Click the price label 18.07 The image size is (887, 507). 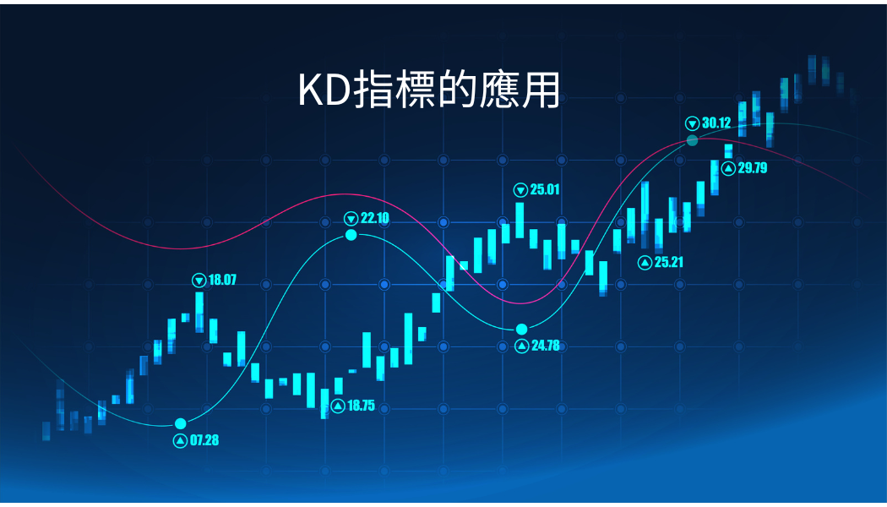click(x=222, y=280)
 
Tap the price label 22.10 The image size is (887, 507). click(x=374, y=218)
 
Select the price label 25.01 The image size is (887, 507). click(x=545, y=189)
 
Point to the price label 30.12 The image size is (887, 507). click(x=716, y=123)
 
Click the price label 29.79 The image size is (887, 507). click(x=753, y=167)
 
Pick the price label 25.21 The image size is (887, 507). click(x=669, y=262)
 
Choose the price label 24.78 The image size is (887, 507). click(x=546, y=345)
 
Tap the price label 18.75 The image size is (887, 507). click(x=361, y=405)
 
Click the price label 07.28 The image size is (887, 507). click(x=204, y=440)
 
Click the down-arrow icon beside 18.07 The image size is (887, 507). click(x=199, y=280)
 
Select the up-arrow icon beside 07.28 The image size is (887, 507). click(x=180, y=440)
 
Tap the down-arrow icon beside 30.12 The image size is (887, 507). click(x=693, y=123)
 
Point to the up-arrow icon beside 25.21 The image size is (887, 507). click(x=645, y=263)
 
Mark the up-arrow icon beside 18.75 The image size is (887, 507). click(x=338, y=406)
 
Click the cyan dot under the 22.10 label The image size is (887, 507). click(x=351, y=234)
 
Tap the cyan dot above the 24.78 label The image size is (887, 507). click(x=521, y=330)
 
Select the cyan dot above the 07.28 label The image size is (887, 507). click(x=181, y=424)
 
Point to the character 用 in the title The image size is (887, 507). click(x=541, y=90)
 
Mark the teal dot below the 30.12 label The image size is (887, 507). click(x=693, y=140)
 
